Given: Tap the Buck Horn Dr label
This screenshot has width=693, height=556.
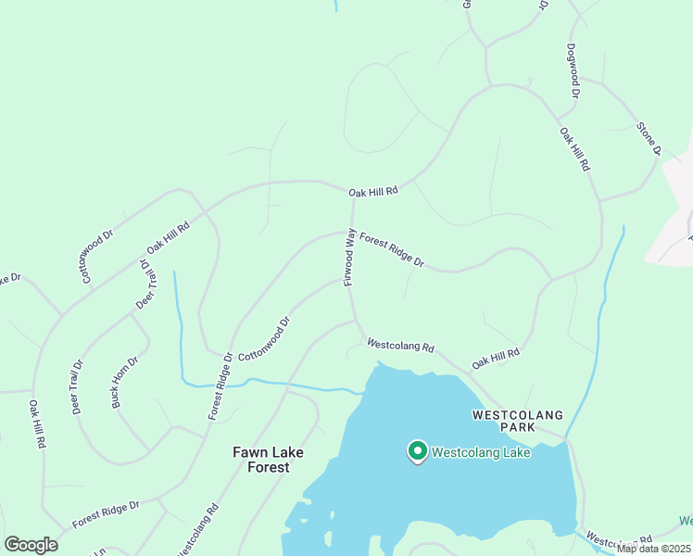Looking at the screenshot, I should pos(125,381).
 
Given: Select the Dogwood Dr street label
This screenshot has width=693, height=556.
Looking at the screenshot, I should pos(573,71).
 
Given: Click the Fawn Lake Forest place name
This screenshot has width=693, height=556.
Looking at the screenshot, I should pos(268,460).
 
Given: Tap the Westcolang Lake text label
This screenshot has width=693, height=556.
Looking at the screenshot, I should pos(481,453).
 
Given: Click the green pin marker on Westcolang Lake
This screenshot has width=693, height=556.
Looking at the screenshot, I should pos(418,450).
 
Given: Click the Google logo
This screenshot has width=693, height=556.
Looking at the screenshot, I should pos(31,545).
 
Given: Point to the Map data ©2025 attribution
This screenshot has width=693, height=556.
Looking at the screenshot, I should pos(653,549).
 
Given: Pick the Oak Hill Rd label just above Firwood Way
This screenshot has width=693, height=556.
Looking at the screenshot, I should pos(372,192).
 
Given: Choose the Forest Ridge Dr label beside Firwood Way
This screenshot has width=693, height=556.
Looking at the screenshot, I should pos(392,249).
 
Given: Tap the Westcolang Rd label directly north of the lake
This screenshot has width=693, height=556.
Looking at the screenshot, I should pos(400,345).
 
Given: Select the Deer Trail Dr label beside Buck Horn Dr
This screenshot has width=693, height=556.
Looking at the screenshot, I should pos(77,386).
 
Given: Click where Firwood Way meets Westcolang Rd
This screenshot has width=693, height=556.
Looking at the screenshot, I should pos(356,322).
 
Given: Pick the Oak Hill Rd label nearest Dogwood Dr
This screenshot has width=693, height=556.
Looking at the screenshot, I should pos(574,149).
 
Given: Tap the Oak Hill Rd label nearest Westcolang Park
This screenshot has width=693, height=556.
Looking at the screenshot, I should pos(496,359).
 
